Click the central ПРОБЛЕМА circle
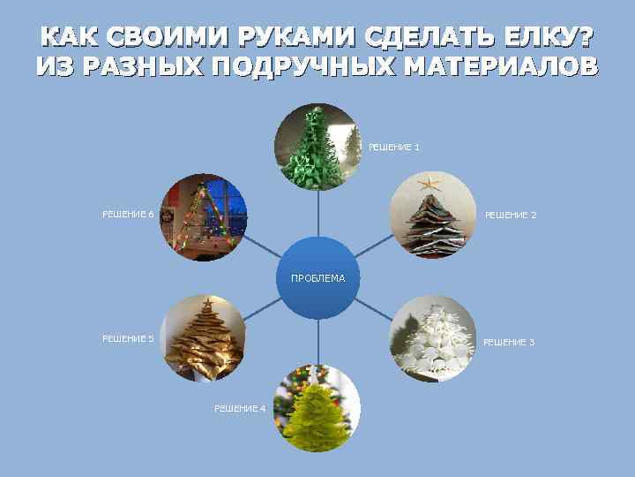tap(317, 278)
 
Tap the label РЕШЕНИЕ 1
tap(393, 148)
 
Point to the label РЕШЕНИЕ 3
tap(508, 342)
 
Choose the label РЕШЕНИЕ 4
tap(239, 408)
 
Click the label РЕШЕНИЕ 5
tap(128, 338)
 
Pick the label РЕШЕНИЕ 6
tap(128, 214)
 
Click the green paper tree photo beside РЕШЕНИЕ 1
tap(317, 147)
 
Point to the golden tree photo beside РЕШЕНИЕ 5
tap(203, 339)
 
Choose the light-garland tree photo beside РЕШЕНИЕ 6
tap(203, 216)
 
